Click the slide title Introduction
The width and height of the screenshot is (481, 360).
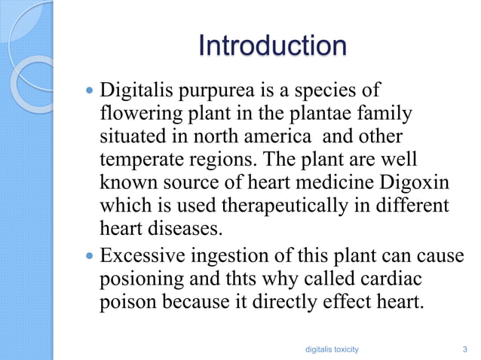pyautogui.click(x=272, y=47)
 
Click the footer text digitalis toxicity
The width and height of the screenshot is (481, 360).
pyautogui.click(x=330, y=349)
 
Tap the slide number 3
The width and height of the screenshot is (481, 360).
pyautogui.click(x=464, y=349)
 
